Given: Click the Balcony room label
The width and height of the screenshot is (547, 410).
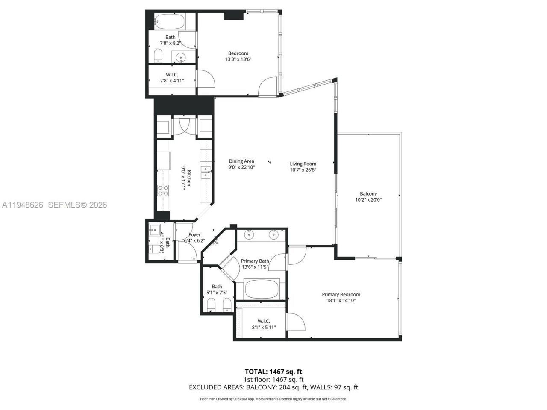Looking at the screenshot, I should (368, 193).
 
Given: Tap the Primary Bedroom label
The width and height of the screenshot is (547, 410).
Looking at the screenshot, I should (341, 294).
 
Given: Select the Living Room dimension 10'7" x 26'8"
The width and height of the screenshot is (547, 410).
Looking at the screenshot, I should (303, 170).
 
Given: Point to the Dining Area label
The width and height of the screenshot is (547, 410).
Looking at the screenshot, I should (241, 161).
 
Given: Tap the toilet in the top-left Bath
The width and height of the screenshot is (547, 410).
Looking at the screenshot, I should (158, 56).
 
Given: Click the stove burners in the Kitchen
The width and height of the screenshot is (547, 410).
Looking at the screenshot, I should (163, 190).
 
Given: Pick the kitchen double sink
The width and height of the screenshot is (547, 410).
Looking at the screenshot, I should (206, 171).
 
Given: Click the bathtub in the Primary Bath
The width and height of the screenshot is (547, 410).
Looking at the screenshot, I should (261, 289).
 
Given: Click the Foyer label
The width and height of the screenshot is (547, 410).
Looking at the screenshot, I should (194, 234).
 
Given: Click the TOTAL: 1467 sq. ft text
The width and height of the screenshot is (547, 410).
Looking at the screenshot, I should (273, 372).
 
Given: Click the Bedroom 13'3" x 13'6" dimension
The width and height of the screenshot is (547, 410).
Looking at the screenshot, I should (238, 59).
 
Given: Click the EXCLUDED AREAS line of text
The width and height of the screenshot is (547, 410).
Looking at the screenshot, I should (273, 387).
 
